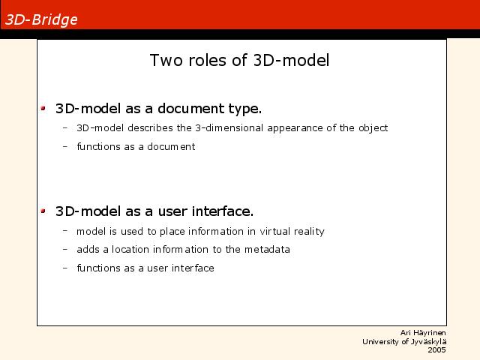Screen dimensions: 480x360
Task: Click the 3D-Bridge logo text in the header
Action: tap(41, 20)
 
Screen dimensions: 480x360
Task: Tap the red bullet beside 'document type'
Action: tap(43, 108)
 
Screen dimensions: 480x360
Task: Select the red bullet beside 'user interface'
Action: tap(43, 211)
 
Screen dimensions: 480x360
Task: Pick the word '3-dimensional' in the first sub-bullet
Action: tap(229, 127)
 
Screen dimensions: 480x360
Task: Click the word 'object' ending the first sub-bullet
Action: tap(373, 128)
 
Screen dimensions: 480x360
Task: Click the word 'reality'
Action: tap(309, 232)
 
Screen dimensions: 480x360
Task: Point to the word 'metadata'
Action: tap(267, 249)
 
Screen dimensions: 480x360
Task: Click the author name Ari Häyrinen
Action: tap(423, 333)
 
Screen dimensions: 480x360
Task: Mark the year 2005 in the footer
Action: tap(436, 350)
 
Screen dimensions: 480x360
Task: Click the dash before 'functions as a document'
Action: tap(65, 146)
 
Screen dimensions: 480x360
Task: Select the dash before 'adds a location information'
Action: tap(65, 249)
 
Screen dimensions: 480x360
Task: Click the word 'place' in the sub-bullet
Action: tap(172, 232)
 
